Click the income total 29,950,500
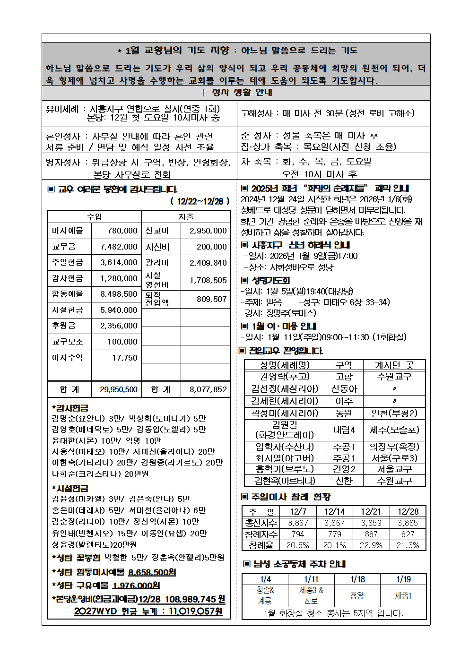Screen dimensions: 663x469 tap(118, 389)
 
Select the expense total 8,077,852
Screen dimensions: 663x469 tap(208, 389)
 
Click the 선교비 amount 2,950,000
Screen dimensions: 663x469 tap(208, 231)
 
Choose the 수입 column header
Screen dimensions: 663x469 tap(95, 216)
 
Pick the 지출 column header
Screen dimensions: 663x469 tap(186, 216)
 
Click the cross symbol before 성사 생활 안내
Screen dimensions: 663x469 tap(203, 93)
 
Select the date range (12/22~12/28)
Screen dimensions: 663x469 tap(200, 201)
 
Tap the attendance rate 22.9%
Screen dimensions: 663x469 tap(371, 545)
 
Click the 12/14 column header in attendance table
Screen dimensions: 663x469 tap(335, 511)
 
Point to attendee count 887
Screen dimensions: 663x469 tap(371, 534)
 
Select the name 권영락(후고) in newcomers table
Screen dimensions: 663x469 tap(285, 376)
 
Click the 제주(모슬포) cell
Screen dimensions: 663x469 tap(394, 430)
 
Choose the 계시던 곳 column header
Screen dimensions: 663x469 tap(394, 365)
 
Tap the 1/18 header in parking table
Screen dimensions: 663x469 tap(357, 579)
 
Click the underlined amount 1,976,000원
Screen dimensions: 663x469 tap(136, 586)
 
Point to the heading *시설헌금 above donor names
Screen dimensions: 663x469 tap(70, 488)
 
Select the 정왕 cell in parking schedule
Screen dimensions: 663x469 tap(357, 595)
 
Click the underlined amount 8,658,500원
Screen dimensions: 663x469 tap(152, 572)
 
